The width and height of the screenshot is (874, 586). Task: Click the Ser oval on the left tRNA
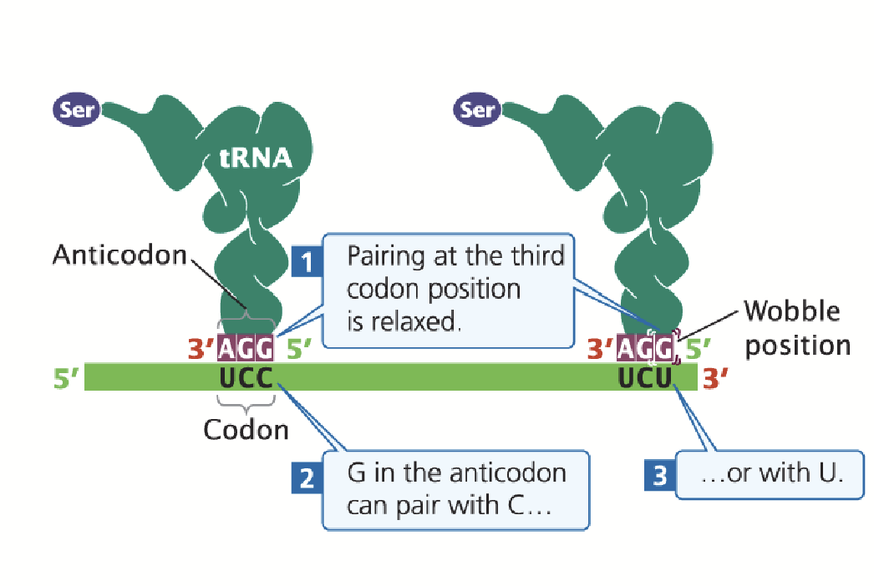(76, 109)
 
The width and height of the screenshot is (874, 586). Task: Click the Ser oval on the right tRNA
(478, 109)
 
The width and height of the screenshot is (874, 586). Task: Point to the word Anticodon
(119, 255)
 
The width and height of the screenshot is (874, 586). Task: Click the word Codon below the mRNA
(246, 430)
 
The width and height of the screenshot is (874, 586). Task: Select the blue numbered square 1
(307, 263)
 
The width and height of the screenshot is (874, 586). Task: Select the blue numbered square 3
(660, 476)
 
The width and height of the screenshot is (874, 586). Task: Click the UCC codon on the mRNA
(246, 378)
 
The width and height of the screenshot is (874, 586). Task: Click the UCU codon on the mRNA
(645, 378)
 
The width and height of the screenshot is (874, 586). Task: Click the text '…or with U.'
(771, 473)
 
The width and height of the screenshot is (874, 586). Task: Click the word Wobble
(791, 312)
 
